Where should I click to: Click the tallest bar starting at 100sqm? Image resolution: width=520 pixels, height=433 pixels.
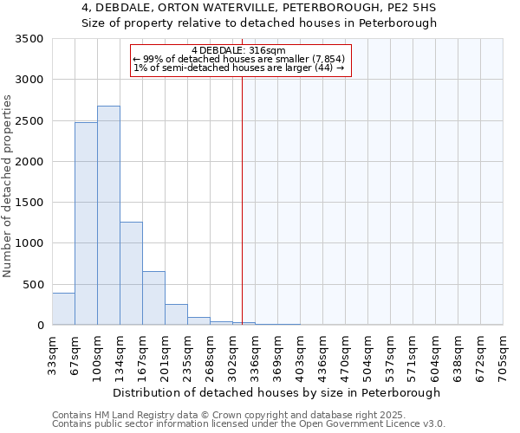point(108,216)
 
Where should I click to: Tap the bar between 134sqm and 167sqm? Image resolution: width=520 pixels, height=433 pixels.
point(131,274)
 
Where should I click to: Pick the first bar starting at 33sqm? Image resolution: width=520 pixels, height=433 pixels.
point(63,309)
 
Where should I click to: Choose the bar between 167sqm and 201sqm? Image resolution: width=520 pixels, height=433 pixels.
point(153,298)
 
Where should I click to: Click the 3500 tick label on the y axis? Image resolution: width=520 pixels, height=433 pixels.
point(29,40)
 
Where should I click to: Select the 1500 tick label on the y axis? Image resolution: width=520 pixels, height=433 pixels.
point(29,203)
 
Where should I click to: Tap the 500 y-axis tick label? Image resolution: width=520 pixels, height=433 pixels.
point(32,284)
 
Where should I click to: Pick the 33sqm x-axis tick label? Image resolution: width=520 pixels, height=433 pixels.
point(53,352)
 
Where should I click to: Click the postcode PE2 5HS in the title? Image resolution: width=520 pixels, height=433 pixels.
point(407,8)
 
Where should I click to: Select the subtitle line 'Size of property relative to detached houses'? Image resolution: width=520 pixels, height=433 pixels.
point(259,23)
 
